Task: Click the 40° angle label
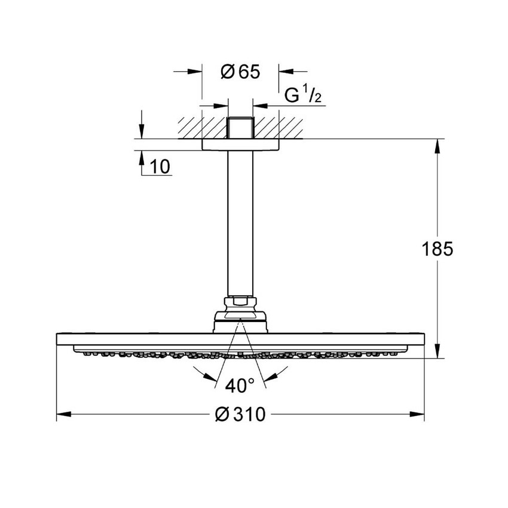click(240, 386)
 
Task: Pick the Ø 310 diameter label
click(240, 414)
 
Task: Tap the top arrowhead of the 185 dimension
click(439, 144)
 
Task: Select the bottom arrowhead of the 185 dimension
click(439, 353)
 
